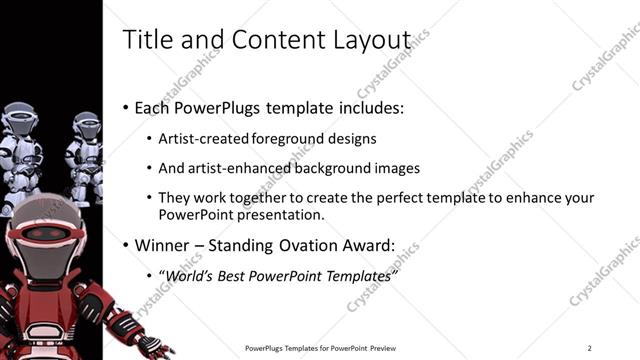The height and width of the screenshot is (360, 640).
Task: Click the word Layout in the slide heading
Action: coord(377,40)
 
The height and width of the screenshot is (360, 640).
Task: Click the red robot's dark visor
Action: coord(45,234)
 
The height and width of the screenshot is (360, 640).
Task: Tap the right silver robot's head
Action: coord(86,124)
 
